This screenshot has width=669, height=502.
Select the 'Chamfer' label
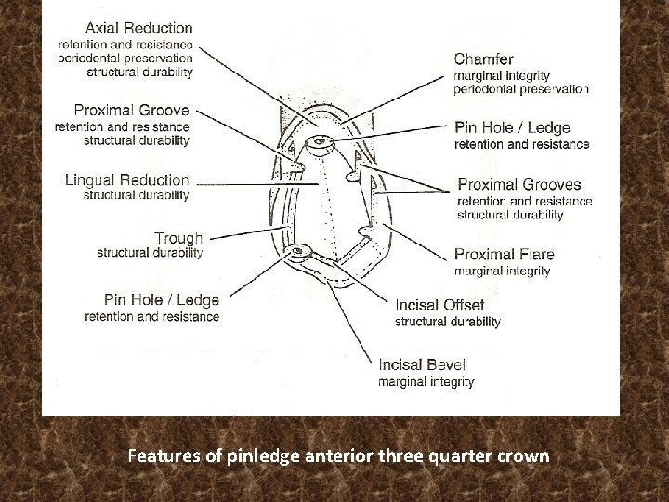click(x=483, y=59)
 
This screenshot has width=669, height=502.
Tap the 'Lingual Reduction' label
click(x=126, y=179)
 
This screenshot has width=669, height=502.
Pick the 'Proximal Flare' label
click(x=504, y=255)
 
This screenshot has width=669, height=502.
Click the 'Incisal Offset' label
click(x=439, y=305)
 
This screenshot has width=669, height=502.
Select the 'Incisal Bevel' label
click(x=423, y=364)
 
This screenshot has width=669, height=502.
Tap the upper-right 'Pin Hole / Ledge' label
click(x=512, y=127)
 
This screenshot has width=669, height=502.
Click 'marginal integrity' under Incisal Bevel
click(x=426, y=382)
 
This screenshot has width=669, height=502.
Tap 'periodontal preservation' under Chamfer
click(x=520, y=90)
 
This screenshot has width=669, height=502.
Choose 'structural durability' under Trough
click(x=150, y=253)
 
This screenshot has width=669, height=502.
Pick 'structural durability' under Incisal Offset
click(x=448, y=322)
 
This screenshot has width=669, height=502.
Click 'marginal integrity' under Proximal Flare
click(x=502, y=271)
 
